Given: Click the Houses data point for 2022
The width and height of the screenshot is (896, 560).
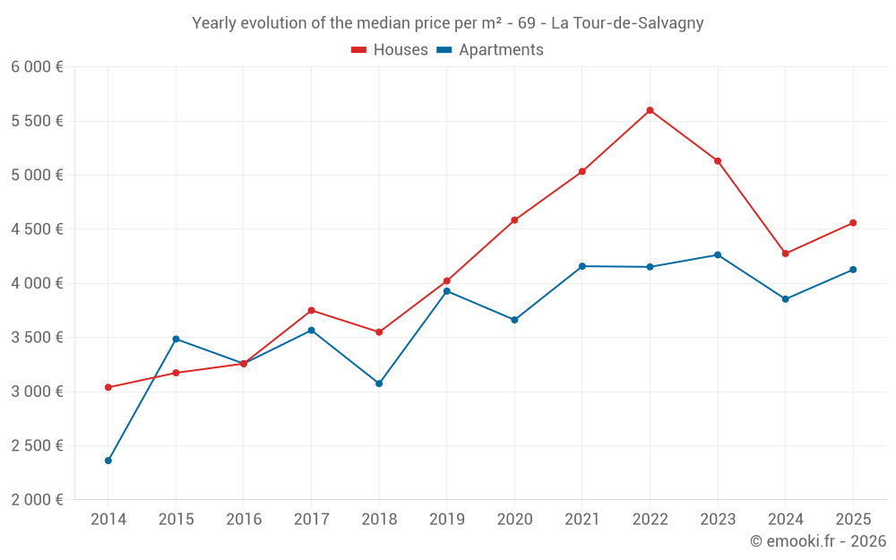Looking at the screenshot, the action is click(x=650, y=110).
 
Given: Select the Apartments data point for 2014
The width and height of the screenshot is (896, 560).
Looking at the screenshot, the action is click(x=108, y=461).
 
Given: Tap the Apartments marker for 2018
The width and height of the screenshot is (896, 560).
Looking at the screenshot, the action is click(x=379, y=383).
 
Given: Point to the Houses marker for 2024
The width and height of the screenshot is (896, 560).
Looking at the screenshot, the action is click(x=786, y=254).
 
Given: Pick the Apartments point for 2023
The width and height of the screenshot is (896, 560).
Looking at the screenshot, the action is click(x=718, y=254).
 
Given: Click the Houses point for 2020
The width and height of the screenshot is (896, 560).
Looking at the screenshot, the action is click(x=514, y=220).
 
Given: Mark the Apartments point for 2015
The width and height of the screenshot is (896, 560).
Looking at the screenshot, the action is click(x=176, y=339).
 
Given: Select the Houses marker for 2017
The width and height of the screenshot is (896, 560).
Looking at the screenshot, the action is click(x=311, y=310).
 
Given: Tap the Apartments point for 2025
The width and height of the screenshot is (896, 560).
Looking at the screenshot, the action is click(x=853, y=270).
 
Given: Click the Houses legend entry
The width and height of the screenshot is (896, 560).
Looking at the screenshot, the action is click(x=390, y=50).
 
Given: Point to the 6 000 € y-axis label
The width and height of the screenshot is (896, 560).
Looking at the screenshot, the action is click(x=37, y=66).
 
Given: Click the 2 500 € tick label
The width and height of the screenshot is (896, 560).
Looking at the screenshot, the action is click(x=37, y=445).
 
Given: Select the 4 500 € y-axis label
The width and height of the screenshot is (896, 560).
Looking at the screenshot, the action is click(x=37, y=228).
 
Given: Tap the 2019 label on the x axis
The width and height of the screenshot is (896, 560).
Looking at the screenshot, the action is click(x=446, y=519).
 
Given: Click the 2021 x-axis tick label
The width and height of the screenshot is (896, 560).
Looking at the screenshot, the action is click(x=582, y=519).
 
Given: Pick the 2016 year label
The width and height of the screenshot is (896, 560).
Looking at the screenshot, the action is click(x=244, y=519).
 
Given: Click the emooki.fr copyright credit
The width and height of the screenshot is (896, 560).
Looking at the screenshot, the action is click(x=817, y=541).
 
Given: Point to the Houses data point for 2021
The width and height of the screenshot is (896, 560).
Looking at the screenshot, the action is click(x=582, y=171).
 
